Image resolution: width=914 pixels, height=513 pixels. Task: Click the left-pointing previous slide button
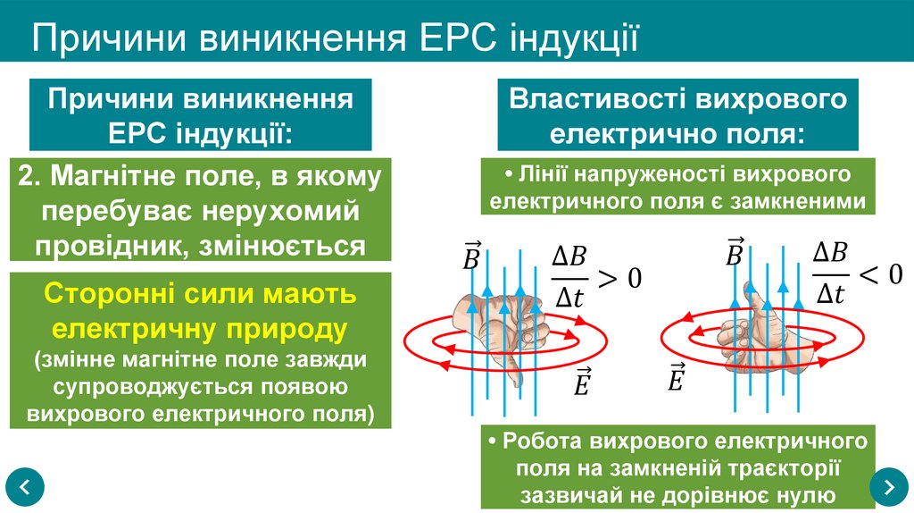tap(24, 486)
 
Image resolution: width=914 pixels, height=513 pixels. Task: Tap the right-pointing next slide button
tap(889, 486)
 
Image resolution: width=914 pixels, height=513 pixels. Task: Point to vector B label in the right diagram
tap(735, 253)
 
